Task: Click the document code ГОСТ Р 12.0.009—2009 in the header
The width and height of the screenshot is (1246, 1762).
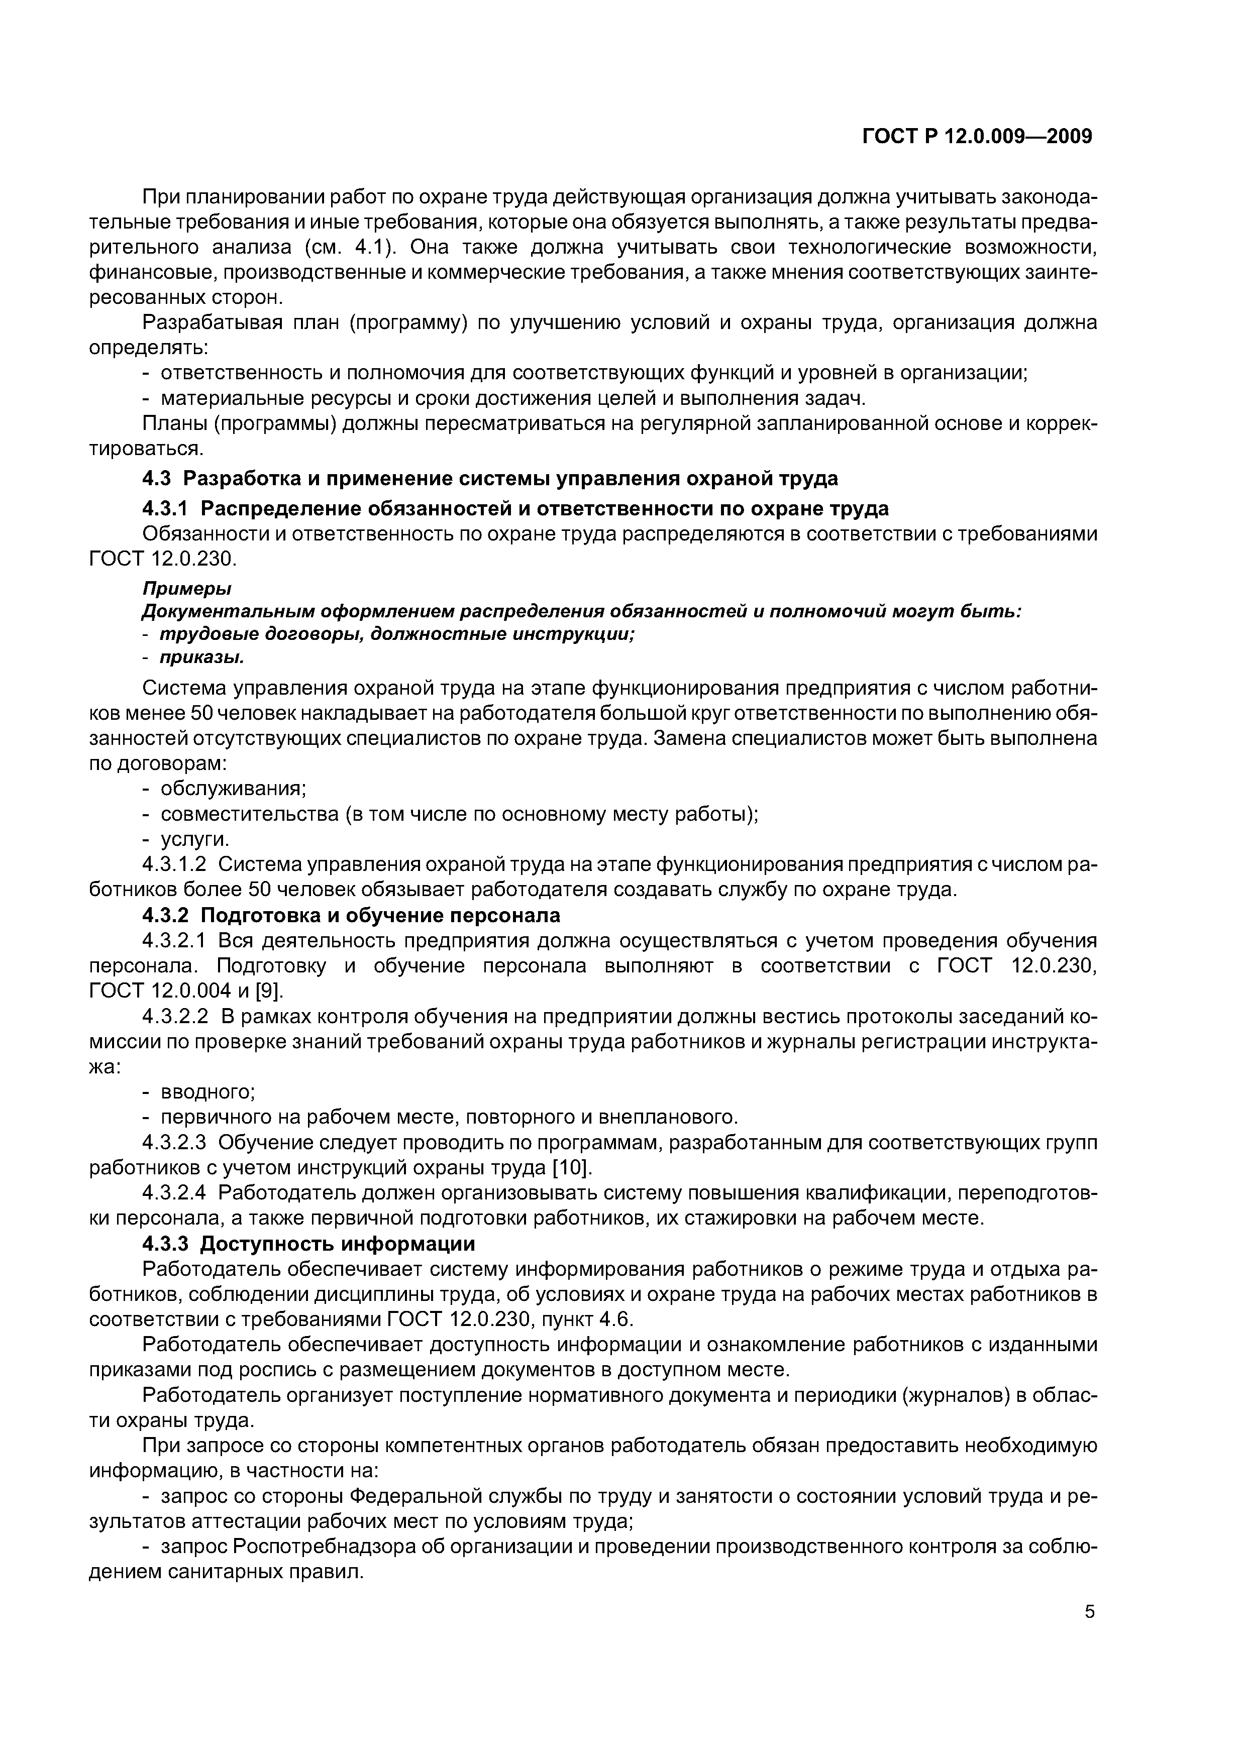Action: (977, 137)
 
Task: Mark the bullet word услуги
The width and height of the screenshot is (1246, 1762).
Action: (195, 839)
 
